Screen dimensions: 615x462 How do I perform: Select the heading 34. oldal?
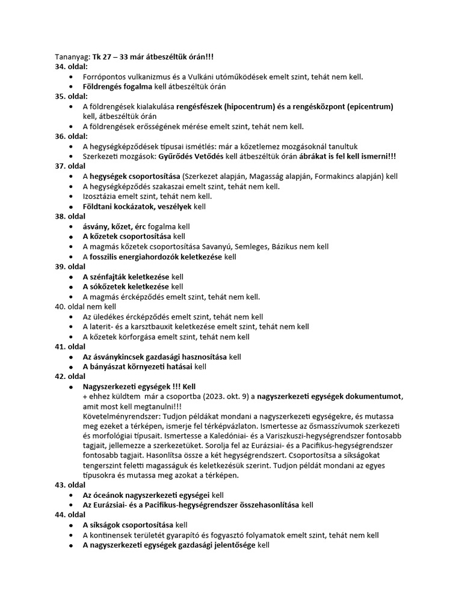[x=71, y=67]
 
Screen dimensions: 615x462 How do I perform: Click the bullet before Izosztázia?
[x=72, y=196]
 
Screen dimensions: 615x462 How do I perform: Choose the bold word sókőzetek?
[x=108, y=286]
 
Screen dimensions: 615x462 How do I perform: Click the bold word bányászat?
[x=112, y=366]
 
